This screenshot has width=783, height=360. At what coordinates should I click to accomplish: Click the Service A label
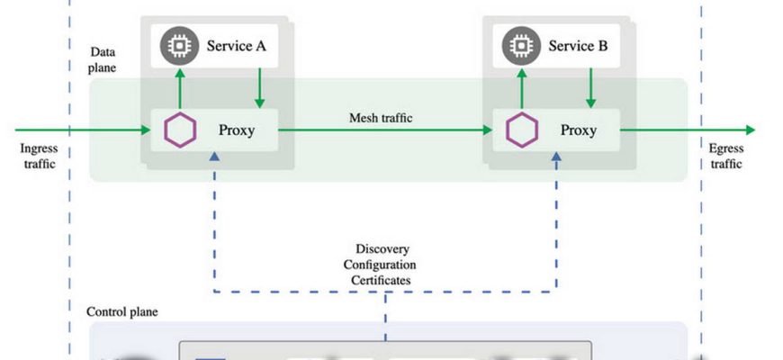tap(237, 46)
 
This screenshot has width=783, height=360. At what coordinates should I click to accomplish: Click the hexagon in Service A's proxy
tap(180, 130)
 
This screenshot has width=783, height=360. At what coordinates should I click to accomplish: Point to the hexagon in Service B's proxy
tap(521, 130)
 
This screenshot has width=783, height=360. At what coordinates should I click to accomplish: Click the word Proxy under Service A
tap(237, 130)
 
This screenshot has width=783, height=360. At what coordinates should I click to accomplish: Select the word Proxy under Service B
tap(579, 130)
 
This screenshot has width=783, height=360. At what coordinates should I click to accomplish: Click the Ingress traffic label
tap(37, 156)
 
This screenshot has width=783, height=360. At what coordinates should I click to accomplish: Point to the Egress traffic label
tap(725, 156)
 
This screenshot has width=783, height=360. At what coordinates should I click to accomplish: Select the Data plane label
tap(103, 60)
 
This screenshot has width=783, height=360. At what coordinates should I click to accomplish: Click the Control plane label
tap(121, 311)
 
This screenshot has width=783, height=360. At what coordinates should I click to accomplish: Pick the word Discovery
tap(385, 248)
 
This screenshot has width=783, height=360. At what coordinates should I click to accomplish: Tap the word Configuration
tap(385, 265)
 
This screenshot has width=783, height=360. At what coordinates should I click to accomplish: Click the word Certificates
tap(385, 281)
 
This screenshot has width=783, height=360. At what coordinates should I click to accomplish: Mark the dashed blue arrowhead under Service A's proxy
tap(214, 157)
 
